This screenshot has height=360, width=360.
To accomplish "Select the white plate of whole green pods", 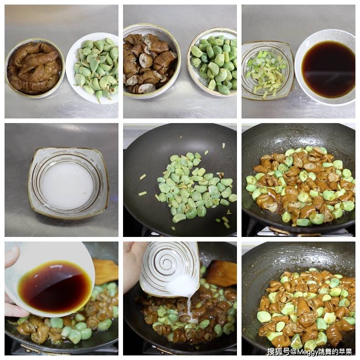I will (93, 67).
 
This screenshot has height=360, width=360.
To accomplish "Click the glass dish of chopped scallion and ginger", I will (267, 71).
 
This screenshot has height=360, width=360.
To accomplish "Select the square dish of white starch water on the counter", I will (68, 182).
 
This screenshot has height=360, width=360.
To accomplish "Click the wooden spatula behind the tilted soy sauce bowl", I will (106, 271).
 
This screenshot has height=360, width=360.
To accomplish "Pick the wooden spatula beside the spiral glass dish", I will (222, 273).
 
